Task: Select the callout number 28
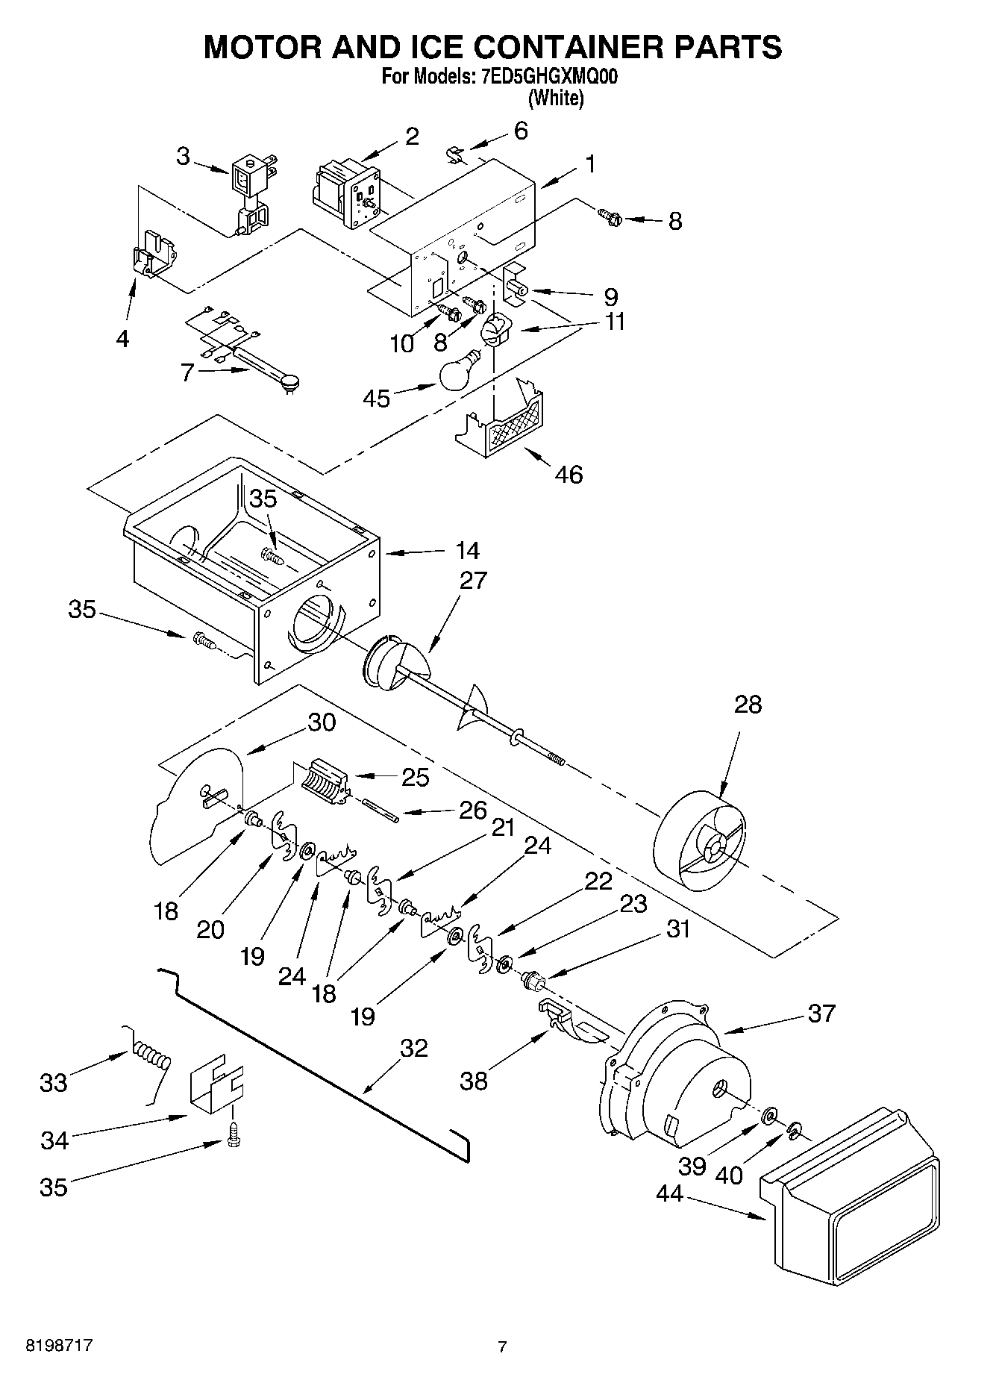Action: point(748,704)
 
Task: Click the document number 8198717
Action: point(60,1346)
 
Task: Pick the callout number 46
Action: point(569,474)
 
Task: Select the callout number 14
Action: point(467,551)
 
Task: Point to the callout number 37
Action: point(821,1013)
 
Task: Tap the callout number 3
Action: point(183,156)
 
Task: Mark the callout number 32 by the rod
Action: point(413,1048)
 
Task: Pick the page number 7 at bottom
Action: point(502,1346)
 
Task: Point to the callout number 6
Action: point(521,131)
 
